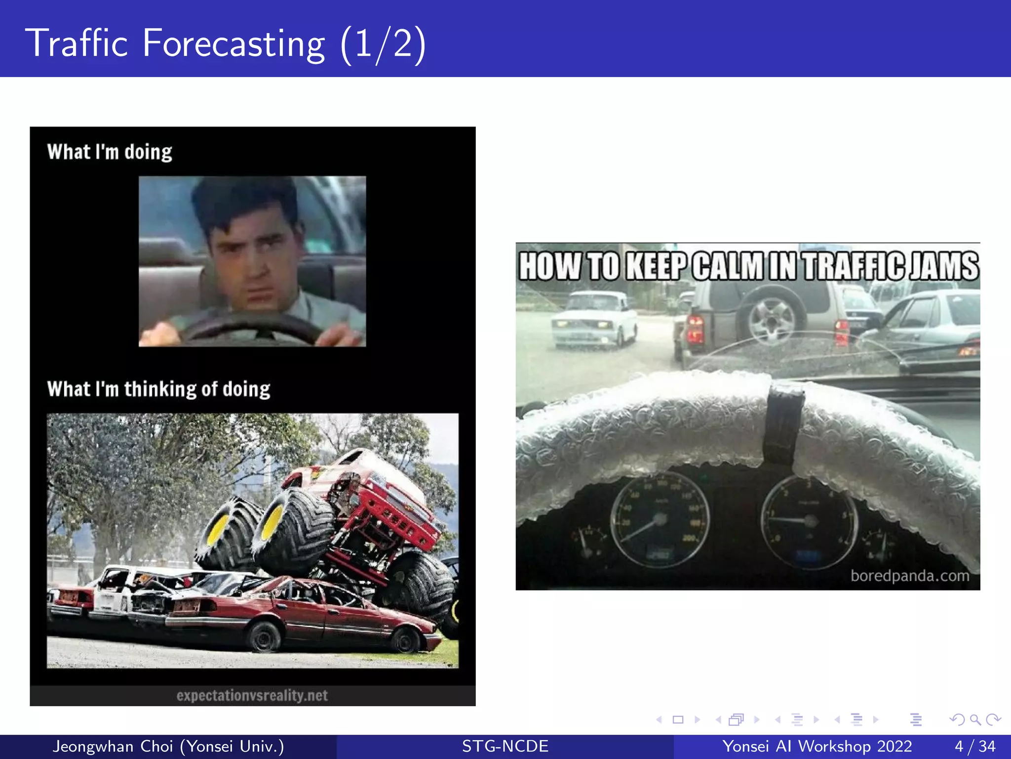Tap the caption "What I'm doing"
[110, 152]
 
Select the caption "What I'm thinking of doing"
[158, 389]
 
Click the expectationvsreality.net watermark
[252, 696]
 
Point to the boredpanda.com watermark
[909, 576]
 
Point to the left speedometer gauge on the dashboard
[659, 519]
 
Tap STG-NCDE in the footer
[505, 746]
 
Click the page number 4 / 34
[975, 746]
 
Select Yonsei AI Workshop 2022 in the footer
[817, 746]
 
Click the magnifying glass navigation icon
[974, 719]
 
